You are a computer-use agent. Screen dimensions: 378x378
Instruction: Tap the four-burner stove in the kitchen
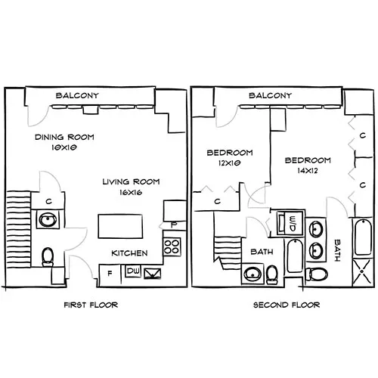(172, 246)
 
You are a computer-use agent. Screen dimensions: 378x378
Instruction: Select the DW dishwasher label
(133, 271)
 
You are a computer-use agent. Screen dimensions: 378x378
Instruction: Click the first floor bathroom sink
(47, 221)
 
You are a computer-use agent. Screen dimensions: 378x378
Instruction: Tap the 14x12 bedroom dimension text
(308, 171)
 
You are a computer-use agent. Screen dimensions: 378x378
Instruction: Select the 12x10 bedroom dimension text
(229, 163)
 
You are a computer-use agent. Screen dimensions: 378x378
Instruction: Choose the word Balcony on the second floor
(270, 96)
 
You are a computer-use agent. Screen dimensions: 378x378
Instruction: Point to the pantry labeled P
(173, 224)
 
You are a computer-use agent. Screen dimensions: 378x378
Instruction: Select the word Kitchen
(129, 253)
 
